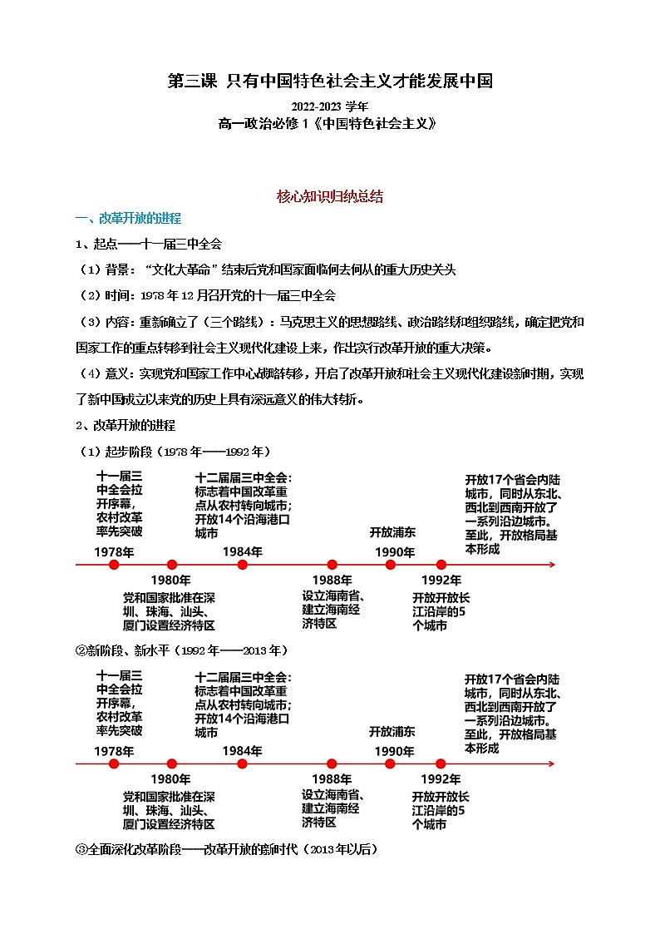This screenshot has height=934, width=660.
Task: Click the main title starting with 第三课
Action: (x=330, y=81)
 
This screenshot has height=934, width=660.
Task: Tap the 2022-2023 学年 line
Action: (x=329, y=106)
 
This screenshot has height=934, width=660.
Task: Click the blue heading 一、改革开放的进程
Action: (x=128, y=219)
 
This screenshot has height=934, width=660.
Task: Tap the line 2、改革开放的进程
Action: (x=126, y=425)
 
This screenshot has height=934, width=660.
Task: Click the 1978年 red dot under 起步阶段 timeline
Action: (x=114, y=565)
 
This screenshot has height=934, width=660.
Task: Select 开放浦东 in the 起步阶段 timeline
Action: (x=392, y=532)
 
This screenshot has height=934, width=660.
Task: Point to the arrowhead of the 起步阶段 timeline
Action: (x=551, y=565)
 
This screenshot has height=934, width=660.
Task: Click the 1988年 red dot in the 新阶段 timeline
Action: (x=332, y=764)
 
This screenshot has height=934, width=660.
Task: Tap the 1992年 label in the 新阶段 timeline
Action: (x=441, y=778)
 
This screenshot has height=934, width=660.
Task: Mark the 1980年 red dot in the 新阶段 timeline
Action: (x=172, y=764)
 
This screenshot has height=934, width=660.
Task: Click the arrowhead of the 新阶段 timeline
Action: (x=551, y=764)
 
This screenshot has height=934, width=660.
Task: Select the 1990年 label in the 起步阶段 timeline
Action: (x=394, y=552)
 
